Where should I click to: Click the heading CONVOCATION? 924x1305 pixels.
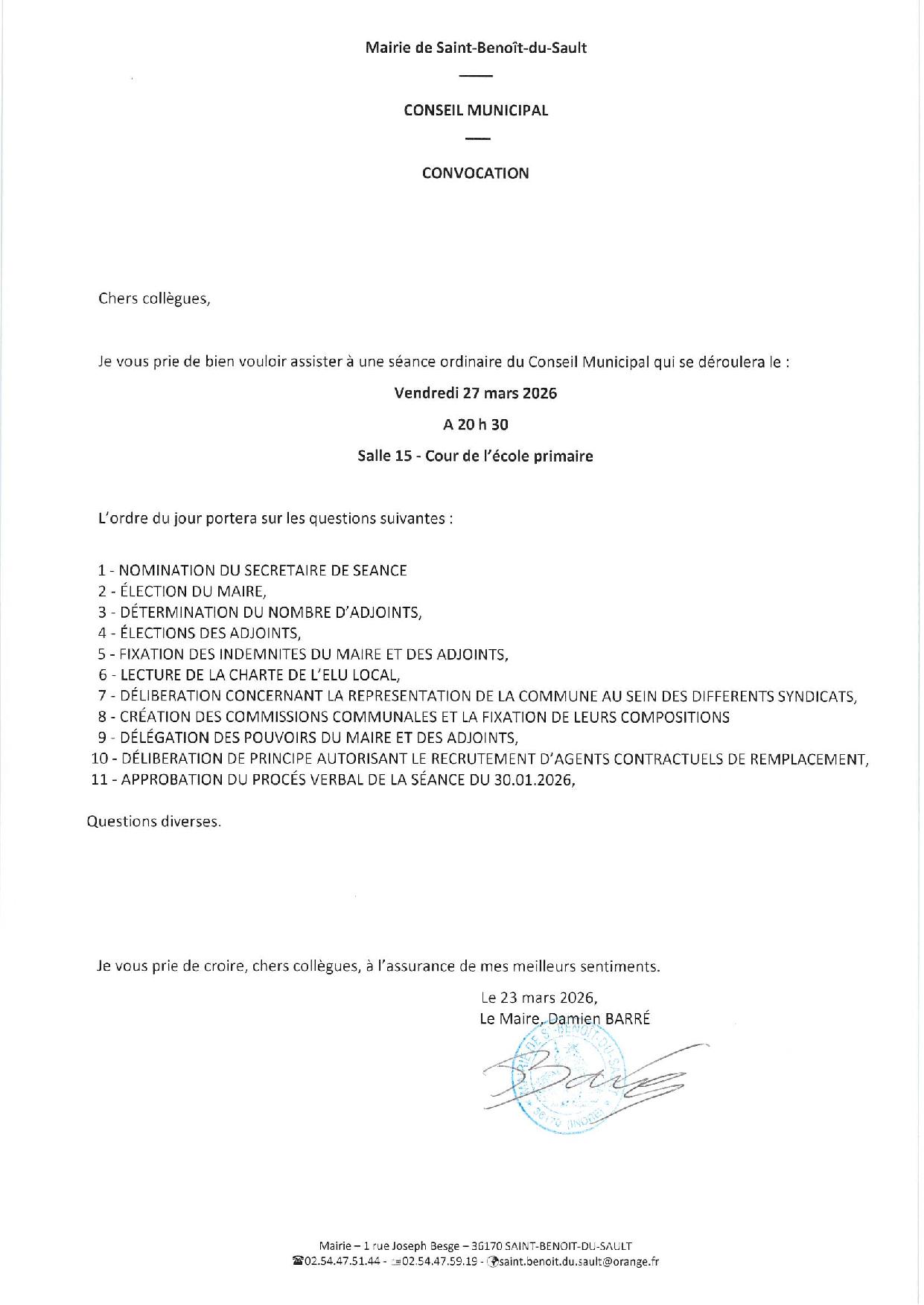tap(475, 173)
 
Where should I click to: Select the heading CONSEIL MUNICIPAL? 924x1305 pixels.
tap(476, 110)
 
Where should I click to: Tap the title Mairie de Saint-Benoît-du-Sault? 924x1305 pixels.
tap(476, 48)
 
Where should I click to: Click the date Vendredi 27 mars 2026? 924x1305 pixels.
tap(475, 393)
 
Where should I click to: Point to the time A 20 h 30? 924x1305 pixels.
tap(475, 425)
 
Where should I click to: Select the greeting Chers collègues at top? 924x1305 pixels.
tap(154, 299)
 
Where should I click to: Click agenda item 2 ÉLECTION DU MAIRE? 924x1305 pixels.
tap(182, 592)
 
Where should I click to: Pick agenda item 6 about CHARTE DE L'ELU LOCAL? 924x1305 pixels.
tap(249, 675)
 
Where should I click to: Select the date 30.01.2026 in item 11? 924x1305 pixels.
tap(532, 780)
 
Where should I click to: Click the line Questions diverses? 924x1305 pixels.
tap(154, 822)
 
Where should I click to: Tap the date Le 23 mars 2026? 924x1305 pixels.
tap(539, 998)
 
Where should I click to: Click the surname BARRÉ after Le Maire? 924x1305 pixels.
tap(628, 1019)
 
